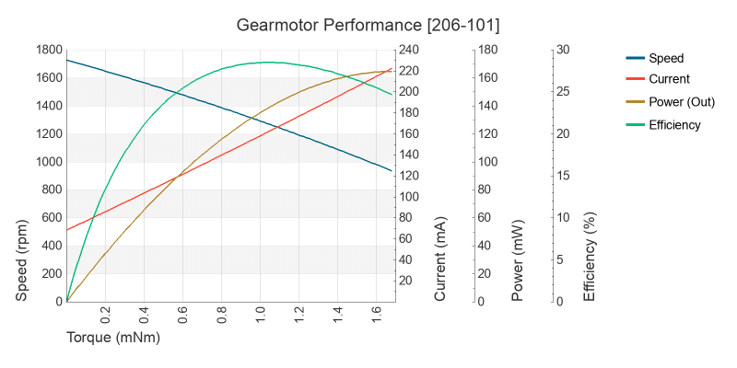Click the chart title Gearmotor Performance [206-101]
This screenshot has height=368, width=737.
368,23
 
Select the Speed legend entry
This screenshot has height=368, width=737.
666,58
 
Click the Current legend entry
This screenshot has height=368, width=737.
669,79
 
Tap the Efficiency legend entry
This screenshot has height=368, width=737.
674,124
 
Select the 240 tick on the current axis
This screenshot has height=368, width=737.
408,50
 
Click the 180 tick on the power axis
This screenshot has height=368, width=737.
487,50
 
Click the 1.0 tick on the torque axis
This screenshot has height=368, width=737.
261,316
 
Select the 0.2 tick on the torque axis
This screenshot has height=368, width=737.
105,316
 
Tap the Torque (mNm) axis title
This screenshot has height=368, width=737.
113,338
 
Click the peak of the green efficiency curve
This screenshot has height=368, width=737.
267,63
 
